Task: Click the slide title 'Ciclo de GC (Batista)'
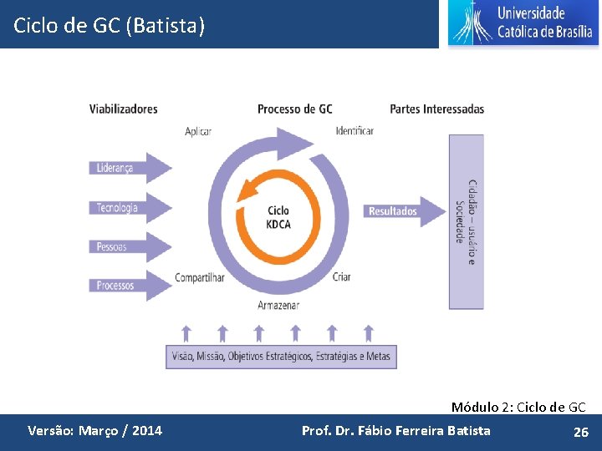[x=109, y=26]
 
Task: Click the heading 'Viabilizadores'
[x=124, y=109]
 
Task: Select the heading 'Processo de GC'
[x=294, y=109]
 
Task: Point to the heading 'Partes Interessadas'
[x=436, y=109]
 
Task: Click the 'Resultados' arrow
[x=405, y=211]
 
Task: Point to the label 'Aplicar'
[x=198, y=131]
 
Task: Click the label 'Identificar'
[x=355, y=131]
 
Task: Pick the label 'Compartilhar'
[x=200, y=278]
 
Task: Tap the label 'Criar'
[x=341, y=278]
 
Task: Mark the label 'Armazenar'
[x=278, y=305]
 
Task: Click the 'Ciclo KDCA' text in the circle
[x=278, y=217]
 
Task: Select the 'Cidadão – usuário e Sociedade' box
[x=466, y=221]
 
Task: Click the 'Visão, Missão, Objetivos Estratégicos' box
[x=281, y=357]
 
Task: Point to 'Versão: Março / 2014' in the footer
[x=94, y=432]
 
